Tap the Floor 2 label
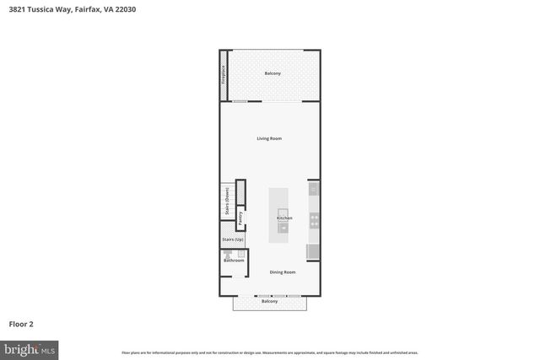[x=21, y=323]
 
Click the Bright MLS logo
[x=30, y=347]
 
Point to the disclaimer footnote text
[x=269, y=352]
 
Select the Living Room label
[x=269, y=138]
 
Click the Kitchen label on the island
[x=284, y=218]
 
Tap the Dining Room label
[x=282, y=272]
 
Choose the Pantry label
[x=240, y=218]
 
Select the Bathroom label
[x=234, y=261]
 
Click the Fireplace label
[x=224, y=75]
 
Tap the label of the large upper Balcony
[x=273, y=74]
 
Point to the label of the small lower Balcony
[x=269, y=301]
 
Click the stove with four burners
[x=314, y=220]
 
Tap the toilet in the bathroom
[x=228, y=253]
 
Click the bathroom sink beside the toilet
[x=240, y=253]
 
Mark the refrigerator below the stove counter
[x=313, y=250]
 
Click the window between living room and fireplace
[x=240, y=102]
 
